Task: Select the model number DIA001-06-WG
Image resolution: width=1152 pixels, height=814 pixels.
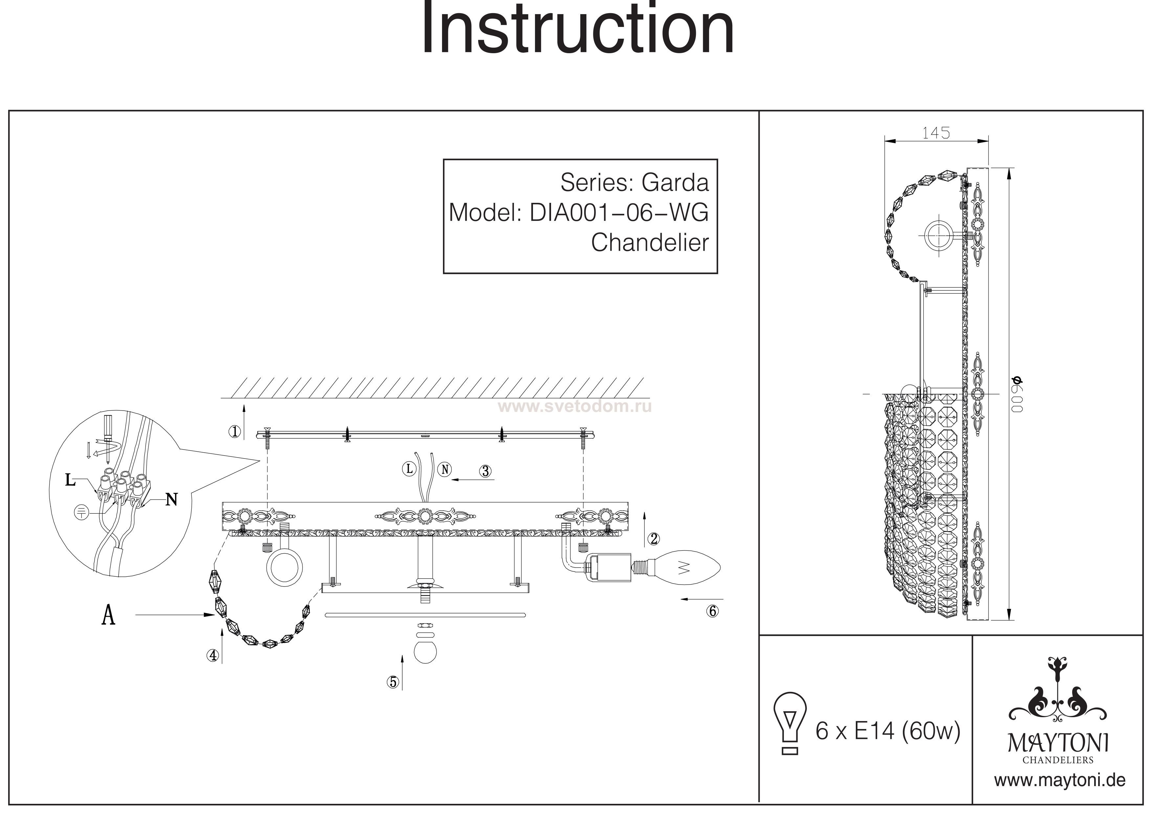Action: pyautogui.click(x=619, y=213)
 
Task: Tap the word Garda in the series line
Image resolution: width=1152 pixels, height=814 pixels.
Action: pyautogui.click(x=675, y=182)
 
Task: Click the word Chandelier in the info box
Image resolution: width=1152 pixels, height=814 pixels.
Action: pyautogui.click(x=650, y=243)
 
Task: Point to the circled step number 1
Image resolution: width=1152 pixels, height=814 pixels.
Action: pyautogui.click(x=234, y=431)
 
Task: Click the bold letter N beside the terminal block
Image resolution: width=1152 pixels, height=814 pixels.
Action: pyautogui.click(x=172, y=500)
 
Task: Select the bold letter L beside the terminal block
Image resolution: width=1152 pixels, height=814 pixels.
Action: pyautogui.click(x=70, y=481)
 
